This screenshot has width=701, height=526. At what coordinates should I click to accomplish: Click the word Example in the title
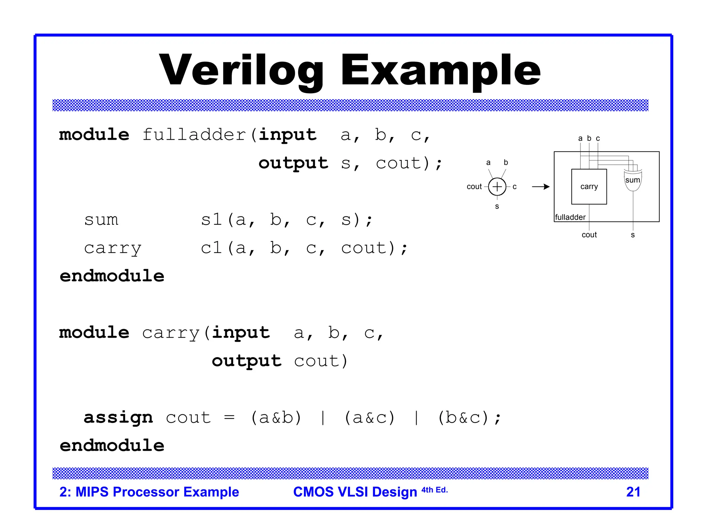coord(441,70)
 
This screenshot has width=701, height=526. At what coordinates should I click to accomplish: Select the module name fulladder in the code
coord(194,135)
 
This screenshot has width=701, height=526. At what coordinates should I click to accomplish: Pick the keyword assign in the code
coord(118,417)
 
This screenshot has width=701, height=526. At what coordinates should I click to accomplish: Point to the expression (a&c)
coord(370,417)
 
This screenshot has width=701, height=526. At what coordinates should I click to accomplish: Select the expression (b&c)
coord(463,417)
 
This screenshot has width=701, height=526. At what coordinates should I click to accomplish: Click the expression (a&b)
coord(276,417)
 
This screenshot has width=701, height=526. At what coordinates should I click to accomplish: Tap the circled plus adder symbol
coord(497,187)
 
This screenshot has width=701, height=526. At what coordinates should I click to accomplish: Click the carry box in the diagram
coord(589,187)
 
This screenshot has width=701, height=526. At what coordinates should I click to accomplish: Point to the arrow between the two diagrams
coord(540,187)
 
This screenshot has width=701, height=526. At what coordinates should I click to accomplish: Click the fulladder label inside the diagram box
coord(570,217)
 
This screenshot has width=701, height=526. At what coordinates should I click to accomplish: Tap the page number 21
coord(633,492)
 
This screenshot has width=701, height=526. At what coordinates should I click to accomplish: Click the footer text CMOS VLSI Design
coord(355,492)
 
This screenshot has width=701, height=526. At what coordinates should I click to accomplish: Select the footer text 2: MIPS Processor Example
coord(149,492)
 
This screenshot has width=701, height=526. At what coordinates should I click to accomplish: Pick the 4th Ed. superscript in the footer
coord(434,490)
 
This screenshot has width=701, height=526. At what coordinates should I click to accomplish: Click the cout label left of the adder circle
coord(474,187)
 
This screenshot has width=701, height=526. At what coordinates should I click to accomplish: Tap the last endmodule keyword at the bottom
coord(112,446)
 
